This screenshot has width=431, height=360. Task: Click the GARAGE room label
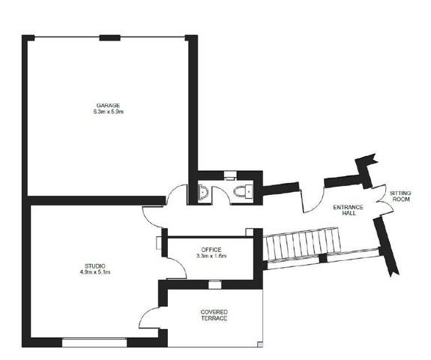click(108, 105)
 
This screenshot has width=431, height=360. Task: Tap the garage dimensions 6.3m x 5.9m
click(108, 112)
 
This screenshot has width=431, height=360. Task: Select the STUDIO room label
click(95, 266)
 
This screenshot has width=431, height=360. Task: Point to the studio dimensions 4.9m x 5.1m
click(95, 272)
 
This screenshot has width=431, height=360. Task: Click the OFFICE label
click(211, 250)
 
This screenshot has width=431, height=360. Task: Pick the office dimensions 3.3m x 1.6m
click(211, 256)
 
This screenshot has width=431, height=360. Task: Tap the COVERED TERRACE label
click(214, 315)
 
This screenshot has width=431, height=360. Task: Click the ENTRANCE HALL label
click(348, 210)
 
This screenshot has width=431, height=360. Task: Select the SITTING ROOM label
click(400, 196)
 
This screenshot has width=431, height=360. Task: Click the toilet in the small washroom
click(243, 191)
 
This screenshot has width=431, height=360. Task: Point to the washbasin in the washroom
click(202, 191)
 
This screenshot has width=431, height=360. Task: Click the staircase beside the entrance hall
click(301, 244)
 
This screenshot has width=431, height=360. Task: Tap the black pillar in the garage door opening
click(109, 38)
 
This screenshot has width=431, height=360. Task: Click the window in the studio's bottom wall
click(94, 343)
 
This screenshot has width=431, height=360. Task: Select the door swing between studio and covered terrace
click(149, 318)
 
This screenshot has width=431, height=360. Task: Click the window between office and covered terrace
click(214, 284)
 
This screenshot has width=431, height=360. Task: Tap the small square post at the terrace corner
click(260, 344)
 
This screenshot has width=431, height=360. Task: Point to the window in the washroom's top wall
click(230, 175)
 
